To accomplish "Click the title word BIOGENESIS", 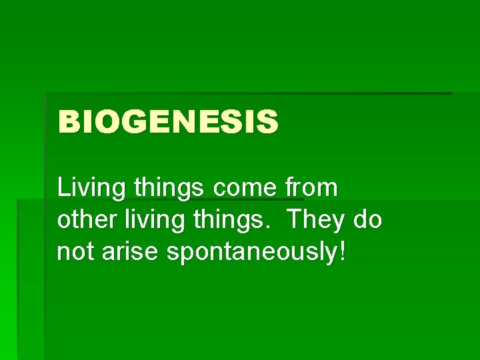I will pos(168,123).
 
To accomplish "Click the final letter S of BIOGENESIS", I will pos(267,123).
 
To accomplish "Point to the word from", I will pos(313,188).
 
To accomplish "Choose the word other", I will pos(85,220).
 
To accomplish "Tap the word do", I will pos(367,220).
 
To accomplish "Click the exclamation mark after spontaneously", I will pos(343,252).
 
